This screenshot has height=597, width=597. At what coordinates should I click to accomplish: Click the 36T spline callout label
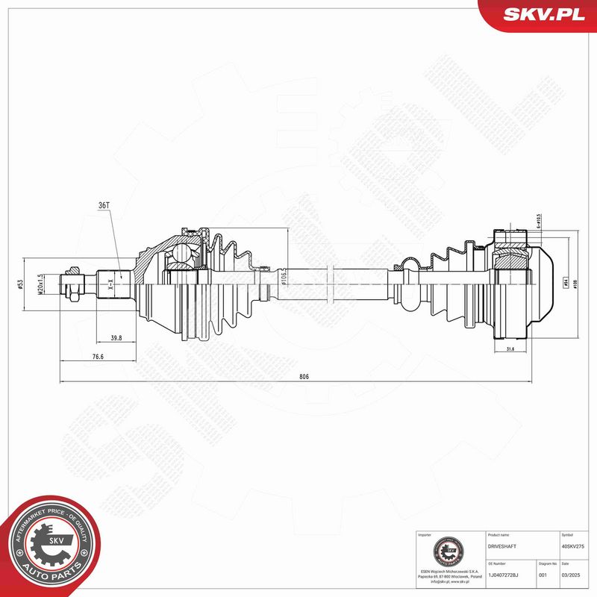(x=103, y=206)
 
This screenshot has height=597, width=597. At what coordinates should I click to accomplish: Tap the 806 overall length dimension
(x=303, y=377)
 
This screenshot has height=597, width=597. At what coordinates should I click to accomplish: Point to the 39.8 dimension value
(x=116, y=338)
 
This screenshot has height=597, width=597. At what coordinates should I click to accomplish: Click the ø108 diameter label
(x=576, y=284)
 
